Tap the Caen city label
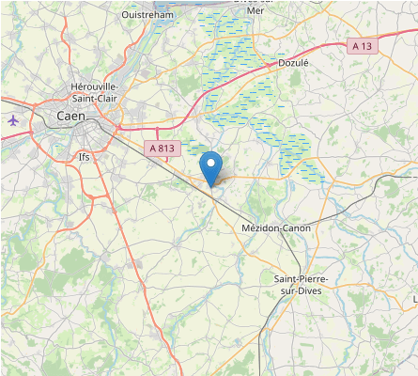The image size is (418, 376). pos(70,117)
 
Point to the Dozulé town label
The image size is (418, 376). pos(293,63)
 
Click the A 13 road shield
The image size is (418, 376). pos(362,45)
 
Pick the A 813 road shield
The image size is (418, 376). pos(163,149)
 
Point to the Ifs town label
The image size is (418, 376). pos(85,157)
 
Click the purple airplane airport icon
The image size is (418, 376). pos(13,120)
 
